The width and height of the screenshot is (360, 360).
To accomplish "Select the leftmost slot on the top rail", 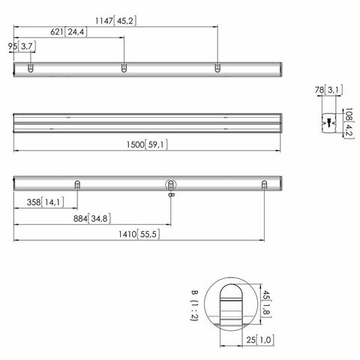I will (31, 68).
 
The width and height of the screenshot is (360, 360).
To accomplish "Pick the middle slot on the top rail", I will (124, 68).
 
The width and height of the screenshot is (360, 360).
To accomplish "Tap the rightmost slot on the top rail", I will (217, 68).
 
